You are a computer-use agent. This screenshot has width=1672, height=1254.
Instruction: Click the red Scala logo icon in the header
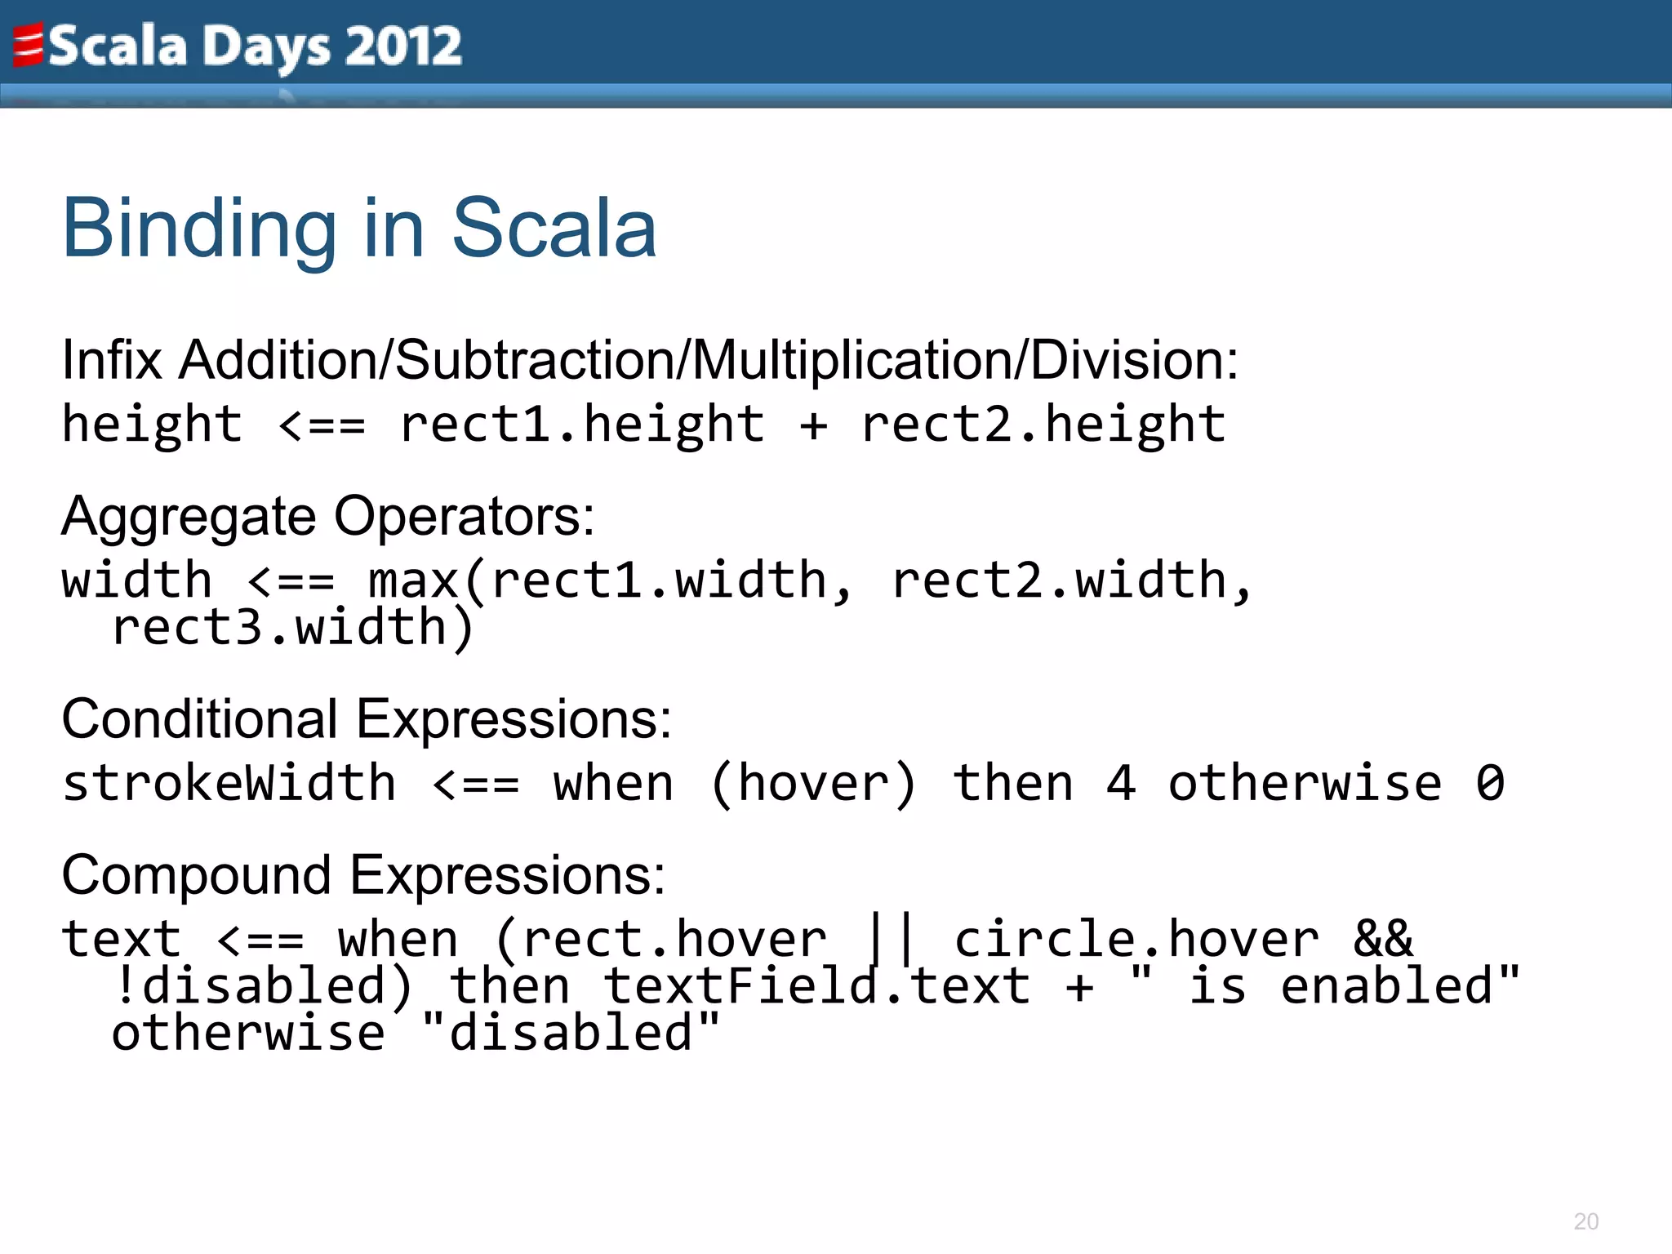(x=28, y=45)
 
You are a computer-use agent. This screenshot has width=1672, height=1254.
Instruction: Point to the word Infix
(x=112, y=360)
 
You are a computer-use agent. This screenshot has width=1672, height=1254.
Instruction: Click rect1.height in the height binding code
(x=582, y=425)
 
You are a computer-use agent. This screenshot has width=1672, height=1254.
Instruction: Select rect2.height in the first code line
(x=1043, y=425)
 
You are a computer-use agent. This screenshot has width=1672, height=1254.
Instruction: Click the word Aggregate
(x=189, y=517)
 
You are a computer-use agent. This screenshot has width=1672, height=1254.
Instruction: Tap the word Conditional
(x=199, y=719)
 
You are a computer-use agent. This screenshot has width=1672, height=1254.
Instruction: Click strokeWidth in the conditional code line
(x=229, y=784)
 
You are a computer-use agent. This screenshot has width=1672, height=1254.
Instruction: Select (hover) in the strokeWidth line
(x=814, y=784)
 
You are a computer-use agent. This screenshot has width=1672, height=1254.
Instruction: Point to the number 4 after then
(x=1121, y=784)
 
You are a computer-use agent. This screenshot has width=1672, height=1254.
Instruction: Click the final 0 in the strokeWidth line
(x=1490, y=784)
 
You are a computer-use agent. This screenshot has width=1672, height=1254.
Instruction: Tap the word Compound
(x=196, y=875)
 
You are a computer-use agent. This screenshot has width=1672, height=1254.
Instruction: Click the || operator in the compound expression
(x=890, y=939)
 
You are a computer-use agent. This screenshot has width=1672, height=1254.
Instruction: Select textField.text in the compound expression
(x=816, y=986)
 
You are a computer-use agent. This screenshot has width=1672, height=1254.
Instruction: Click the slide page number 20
(x=1585, y=1221)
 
